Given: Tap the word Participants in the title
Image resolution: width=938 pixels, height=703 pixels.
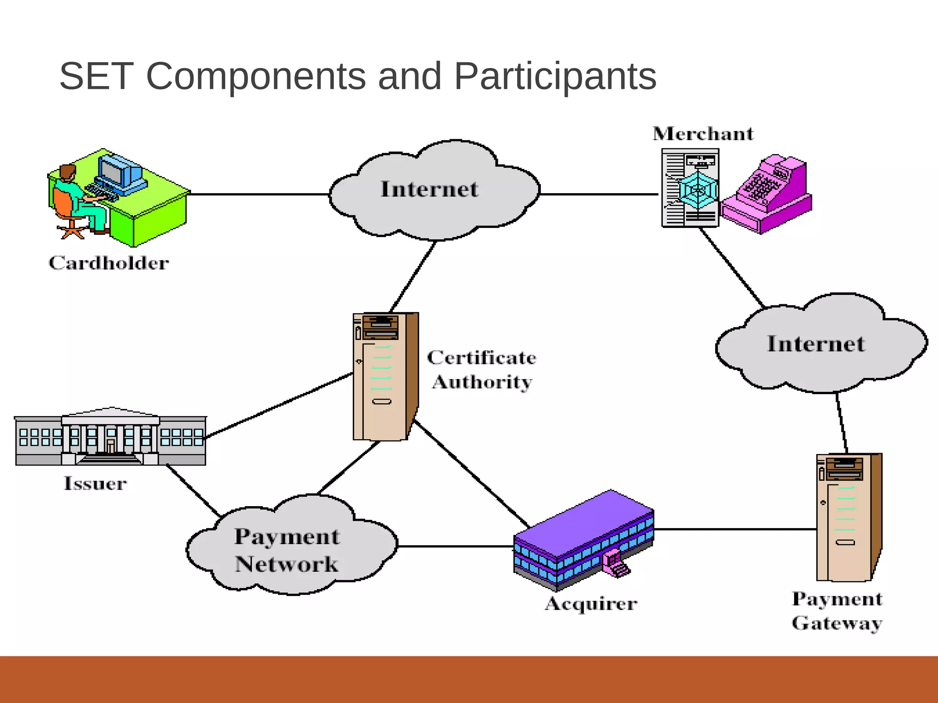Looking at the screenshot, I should click(x=555, y=76).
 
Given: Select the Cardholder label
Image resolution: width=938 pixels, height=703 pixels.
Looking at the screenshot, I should click(x=109, y=263).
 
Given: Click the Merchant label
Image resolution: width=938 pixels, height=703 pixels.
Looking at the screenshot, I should click(x=703, y=134).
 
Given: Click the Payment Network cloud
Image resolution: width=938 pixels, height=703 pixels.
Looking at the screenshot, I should click(x=288, y=549).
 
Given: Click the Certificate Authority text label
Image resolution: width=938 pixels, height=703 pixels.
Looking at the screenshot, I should click(x=482, y=370).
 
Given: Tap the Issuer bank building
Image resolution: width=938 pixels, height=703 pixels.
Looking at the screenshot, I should click(x=110, y=437).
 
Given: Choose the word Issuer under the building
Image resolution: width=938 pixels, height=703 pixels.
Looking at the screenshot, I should click(x=95, y=484).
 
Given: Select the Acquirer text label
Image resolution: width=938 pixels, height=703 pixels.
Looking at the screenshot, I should click(x=591, y=604).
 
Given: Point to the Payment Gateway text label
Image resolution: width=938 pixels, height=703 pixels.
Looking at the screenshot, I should click(x=837, y=611).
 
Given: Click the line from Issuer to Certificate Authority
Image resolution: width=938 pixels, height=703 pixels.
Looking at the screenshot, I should click(x=279, y=405).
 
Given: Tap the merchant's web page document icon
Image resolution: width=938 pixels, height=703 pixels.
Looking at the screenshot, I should click(x=690, y=188).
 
